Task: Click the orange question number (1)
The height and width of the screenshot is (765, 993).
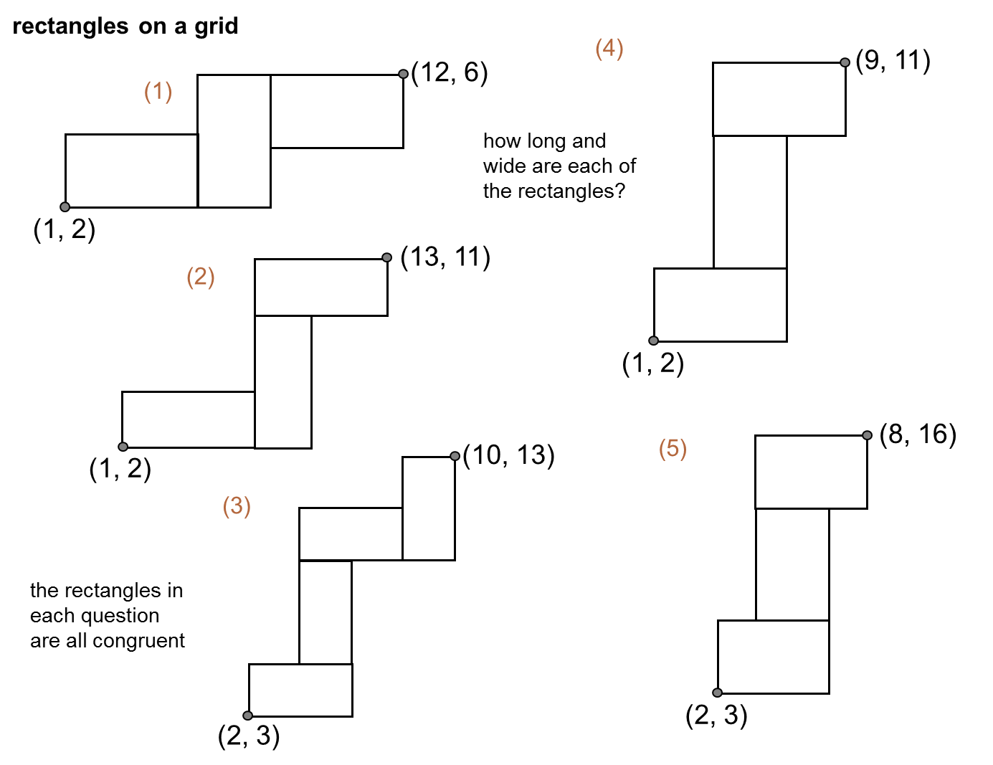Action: (x=158, y=92)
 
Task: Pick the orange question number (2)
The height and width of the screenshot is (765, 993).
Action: (x=201, y=277)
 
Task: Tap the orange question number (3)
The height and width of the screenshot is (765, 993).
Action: (x=237, y=506)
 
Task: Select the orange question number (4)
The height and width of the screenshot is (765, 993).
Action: (x=609, y=48)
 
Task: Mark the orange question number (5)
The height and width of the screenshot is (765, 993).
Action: (x=673, y=449)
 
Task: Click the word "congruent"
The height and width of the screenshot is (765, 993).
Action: (x=139, y=641)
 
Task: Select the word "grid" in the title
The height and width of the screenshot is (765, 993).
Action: (x=217, y=27)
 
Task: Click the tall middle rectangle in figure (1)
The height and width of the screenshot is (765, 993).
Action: (x=234, y=141)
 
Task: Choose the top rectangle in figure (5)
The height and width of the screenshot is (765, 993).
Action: (x=811, y=472)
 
